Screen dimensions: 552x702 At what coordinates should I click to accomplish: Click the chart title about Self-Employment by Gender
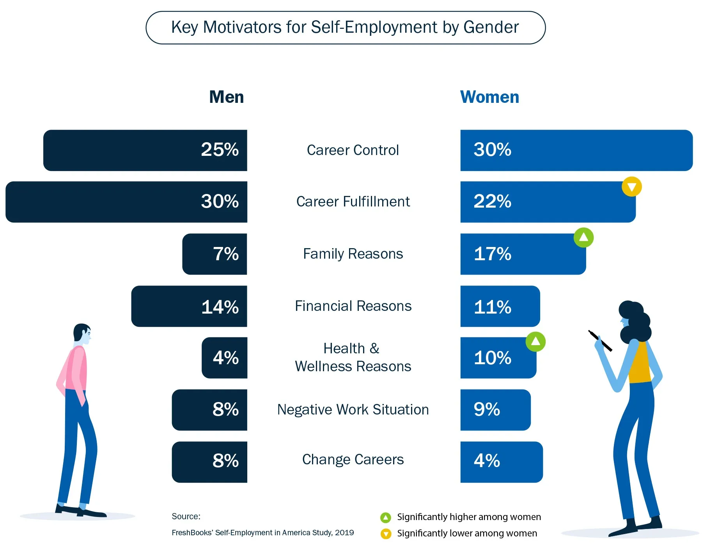tap(345, 28)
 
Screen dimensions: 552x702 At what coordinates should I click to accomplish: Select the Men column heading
tap(226, 97)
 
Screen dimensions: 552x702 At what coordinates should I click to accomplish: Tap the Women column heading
tap(489, 97)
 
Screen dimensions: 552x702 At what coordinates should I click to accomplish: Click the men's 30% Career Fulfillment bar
tap(126, 202)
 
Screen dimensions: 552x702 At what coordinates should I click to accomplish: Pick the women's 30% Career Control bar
tap(576, 150)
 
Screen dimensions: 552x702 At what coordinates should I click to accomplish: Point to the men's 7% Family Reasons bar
tap(214, 254)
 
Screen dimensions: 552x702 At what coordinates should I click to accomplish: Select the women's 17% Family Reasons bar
tap(523, 254)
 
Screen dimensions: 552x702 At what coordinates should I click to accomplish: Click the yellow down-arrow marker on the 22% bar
tap(631, 187)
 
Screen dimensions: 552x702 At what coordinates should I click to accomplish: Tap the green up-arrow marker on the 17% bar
tap(583, 237)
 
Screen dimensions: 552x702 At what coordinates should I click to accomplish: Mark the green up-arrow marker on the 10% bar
tap(535, 342)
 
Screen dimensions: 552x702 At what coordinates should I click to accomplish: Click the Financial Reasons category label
tap(353, 306)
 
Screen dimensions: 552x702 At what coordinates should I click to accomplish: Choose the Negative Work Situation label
tap(353, 410)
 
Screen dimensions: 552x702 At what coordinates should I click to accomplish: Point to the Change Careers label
tap(353, 460)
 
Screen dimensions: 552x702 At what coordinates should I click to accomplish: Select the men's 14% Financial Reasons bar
tap(189, 306)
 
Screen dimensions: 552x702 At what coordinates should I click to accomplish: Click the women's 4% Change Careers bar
tap(501, 462)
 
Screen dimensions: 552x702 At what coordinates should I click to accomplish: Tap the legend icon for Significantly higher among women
tap(385, 517)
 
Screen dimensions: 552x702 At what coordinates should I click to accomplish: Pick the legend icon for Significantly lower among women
tap(386, 534)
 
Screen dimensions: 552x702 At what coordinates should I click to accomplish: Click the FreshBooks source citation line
tap(262, 533)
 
